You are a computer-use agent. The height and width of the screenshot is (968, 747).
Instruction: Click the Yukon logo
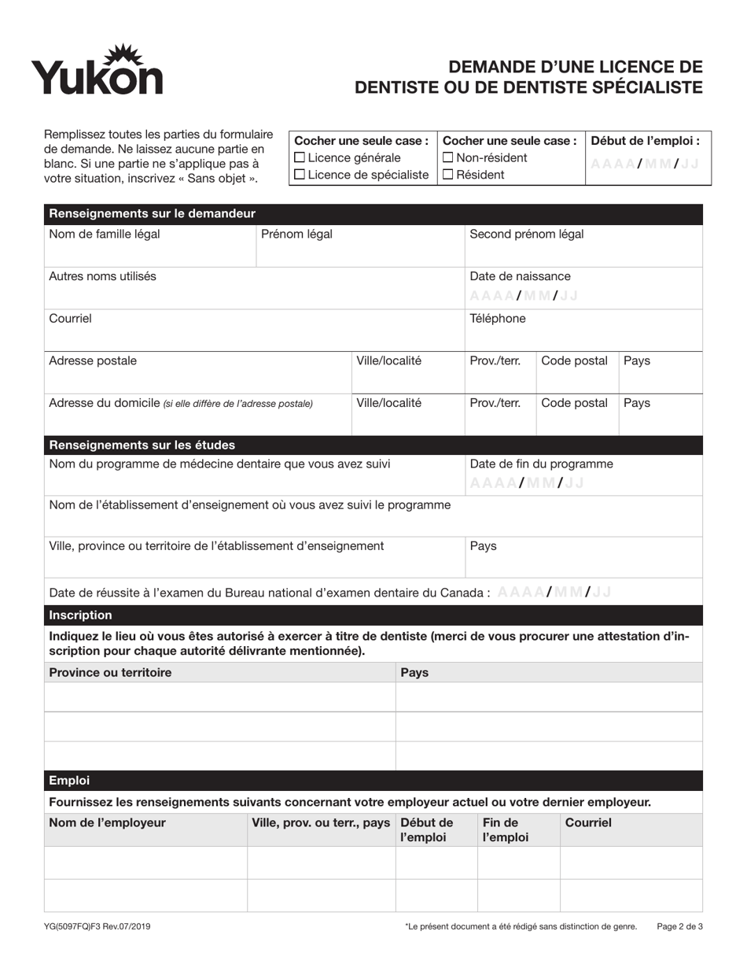point(97,71)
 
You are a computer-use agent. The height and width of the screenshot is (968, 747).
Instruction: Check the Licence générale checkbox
point(299,158)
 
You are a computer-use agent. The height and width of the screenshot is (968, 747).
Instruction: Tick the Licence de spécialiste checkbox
point(299,175)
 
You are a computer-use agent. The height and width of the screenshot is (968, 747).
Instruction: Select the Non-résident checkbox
point(448,158)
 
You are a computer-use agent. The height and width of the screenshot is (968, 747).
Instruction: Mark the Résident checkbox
point(448,175)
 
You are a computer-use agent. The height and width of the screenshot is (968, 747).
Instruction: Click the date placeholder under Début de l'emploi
point(644,164)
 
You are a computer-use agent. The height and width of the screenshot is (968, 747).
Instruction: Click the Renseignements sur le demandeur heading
point(151,214)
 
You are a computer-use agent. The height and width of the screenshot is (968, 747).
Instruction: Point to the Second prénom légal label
point(526,234)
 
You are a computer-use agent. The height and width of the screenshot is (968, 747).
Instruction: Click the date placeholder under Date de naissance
point(524,296)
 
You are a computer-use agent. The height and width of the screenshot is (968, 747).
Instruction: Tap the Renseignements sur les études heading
point(142,445)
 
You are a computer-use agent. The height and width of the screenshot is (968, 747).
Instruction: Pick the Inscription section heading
point(80,615)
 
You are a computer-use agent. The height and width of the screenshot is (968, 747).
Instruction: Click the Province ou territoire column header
point(110,673)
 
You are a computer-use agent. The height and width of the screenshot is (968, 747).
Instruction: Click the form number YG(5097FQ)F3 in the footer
point(98,927)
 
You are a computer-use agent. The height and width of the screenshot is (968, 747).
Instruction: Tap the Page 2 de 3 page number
point(679,927)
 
